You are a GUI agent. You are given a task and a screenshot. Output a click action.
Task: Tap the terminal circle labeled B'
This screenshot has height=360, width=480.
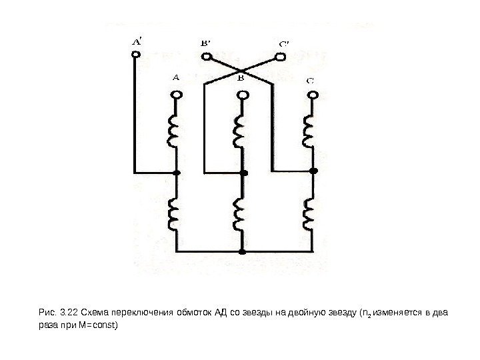[x=207, y=57]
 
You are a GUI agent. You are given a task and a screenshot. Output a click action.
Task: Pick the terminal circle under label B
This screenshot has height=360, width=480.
[x=243, y=95]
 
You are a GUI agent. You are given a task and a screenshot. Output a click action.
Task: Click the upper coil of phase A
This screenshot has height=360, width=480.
[x=175, y=133]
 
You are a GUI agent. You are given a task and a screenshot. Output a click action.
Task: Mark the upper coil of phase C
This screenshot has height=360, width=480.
[x=309, y=133]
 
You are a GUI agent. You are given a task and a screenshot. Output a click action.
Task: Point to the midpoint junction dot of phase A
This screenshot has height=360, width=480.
[x=177, y=173]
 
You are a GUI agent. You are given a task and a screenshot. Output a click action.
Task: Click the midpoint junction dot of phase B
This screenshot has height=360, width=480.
[x=243, y=173]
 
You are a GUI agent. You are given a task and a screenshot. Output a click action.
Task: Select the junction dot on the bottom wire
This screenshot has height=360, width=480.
[x=243, y=252]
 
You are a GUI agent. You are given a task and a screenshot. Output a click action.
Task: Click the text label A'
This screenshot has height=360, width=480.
[x=135, y=41]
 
